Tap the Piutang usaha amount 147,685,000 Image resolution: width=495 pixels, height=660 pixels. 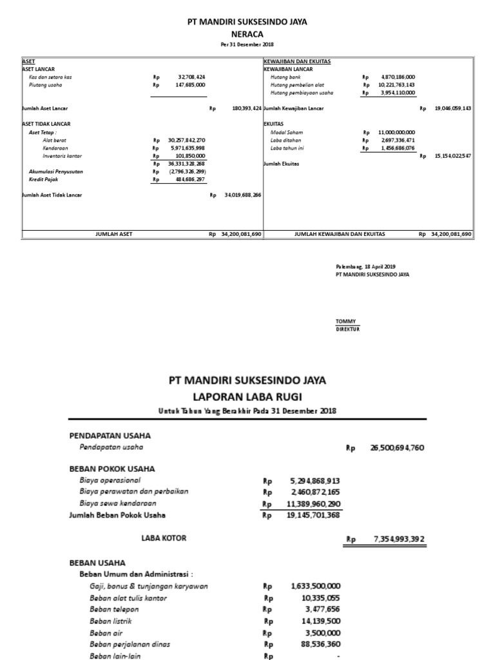(190, 84)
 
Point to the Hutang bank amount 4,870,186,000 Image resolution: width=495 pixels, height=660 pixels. (398, 77)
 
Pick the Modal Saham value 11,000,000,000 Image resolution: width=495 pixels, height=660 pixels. (397, 132)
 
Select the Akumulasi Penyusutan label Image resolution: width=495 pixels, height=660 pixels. (56, 171)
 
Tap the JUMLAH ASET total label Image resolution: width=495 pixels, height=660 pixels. (113, 234)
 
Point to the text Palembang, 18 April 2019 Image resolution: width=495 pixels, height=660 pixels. (366, 266)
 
